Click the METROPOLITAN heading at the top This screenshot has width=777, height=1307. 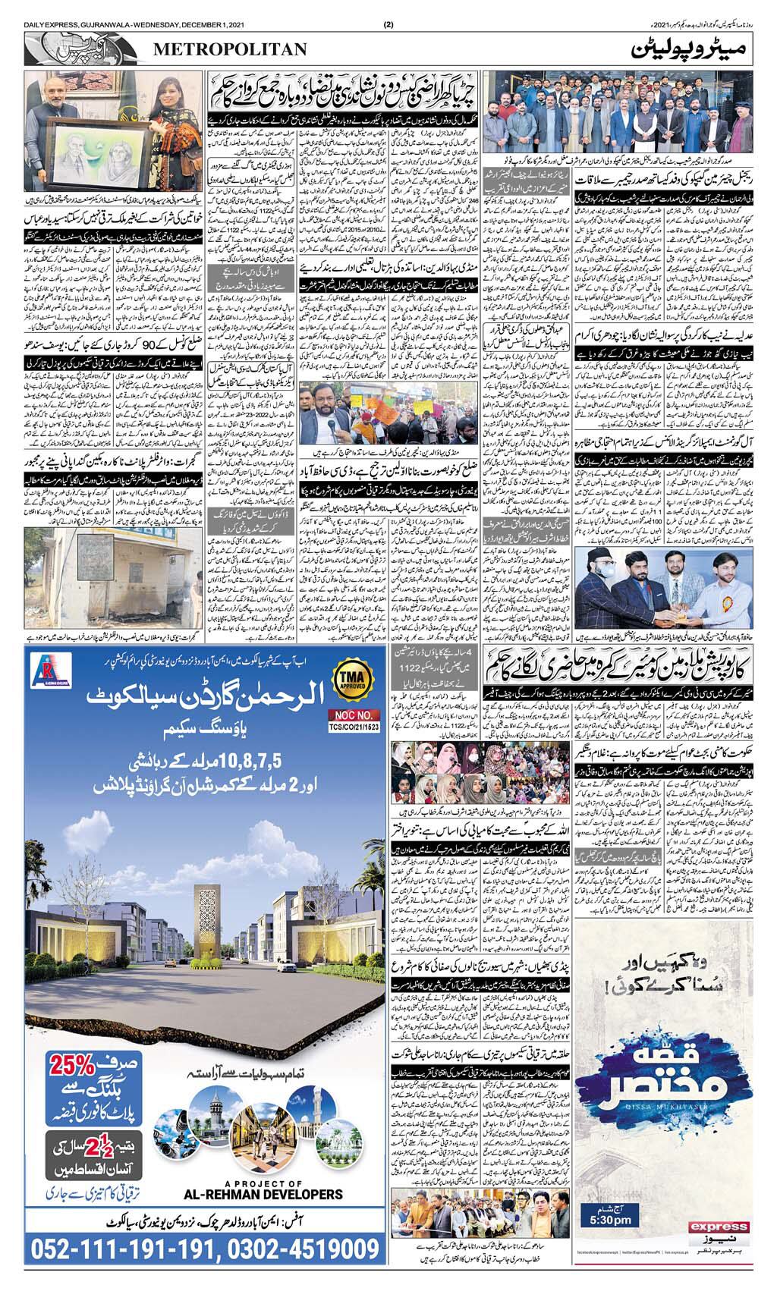click(x=230, y=49)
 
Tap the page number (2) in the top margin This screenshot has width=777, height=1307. click(x=388, y=25)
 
